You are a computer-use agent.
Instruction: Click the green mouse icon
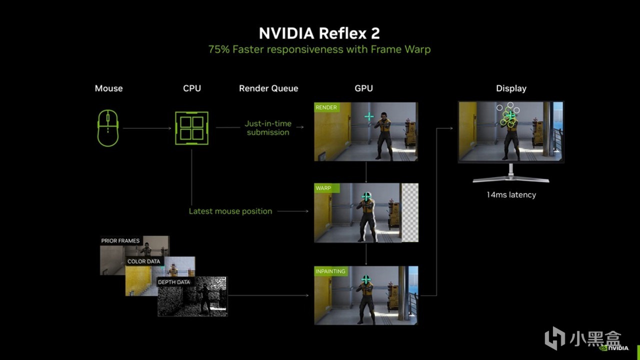pos(108,128)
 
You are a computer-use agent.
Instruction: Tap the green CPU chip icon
pos(191,128)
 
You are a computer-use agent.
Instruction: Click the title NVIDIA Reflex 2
pos(319,33)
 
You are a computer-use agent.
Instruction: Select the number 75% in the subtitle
pos(219,49)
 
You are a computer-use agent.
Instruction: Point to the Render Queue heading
pos(268,88)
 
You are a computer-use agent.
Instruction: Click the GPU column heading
pos(363,88)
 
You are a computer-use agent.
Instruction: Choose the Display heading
pos(511,89)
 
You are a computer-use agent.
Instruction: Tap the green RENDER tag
pos(326,107)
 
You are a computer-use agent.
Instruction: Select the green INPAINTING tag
pos(331,271)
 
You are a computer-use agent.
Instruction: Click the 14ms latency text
pos(511,195)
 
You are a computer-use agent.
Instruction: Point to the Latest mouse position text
pos(230,211)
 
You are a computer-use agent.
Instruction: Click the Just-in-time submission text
pos(268,128)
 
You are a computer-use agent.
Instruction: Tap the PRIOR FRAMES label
pos(120,241)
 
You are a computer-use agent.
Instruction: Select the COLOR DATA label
pos(143,261)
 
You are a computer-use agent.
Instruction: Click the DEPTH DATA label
pos(173,282)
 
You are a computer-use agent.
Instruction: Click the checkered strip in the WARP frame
pos(410,213)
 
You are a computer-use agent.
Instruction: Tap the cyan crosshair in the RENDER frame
pos(369,117)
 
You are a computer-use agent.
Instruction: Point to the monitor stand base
pos(511,179)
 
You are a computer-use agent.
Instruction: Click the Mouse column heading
pos(109,88)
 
